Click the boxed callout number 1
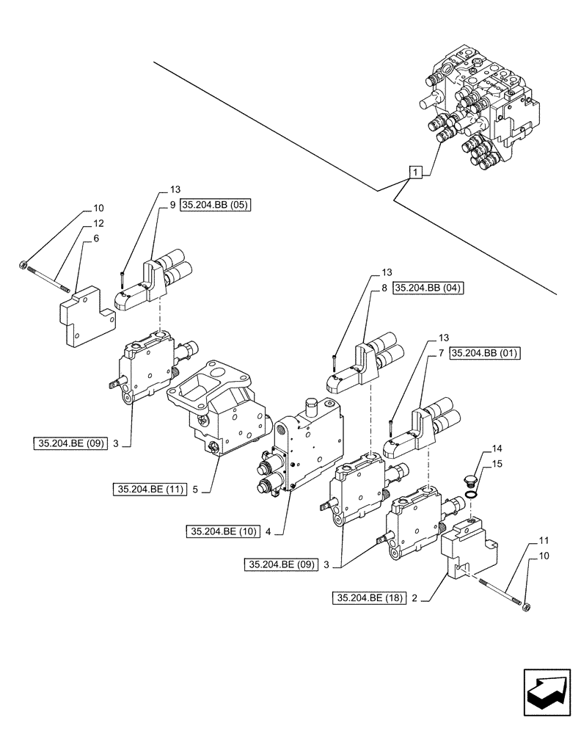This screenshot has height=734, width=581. point(415,172)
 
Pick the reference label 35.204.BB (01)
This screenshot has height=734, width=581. point(485,354)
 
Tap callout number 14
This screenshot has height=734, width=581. point(477,448)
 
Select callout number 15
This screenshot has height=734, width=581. point(477,464)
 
